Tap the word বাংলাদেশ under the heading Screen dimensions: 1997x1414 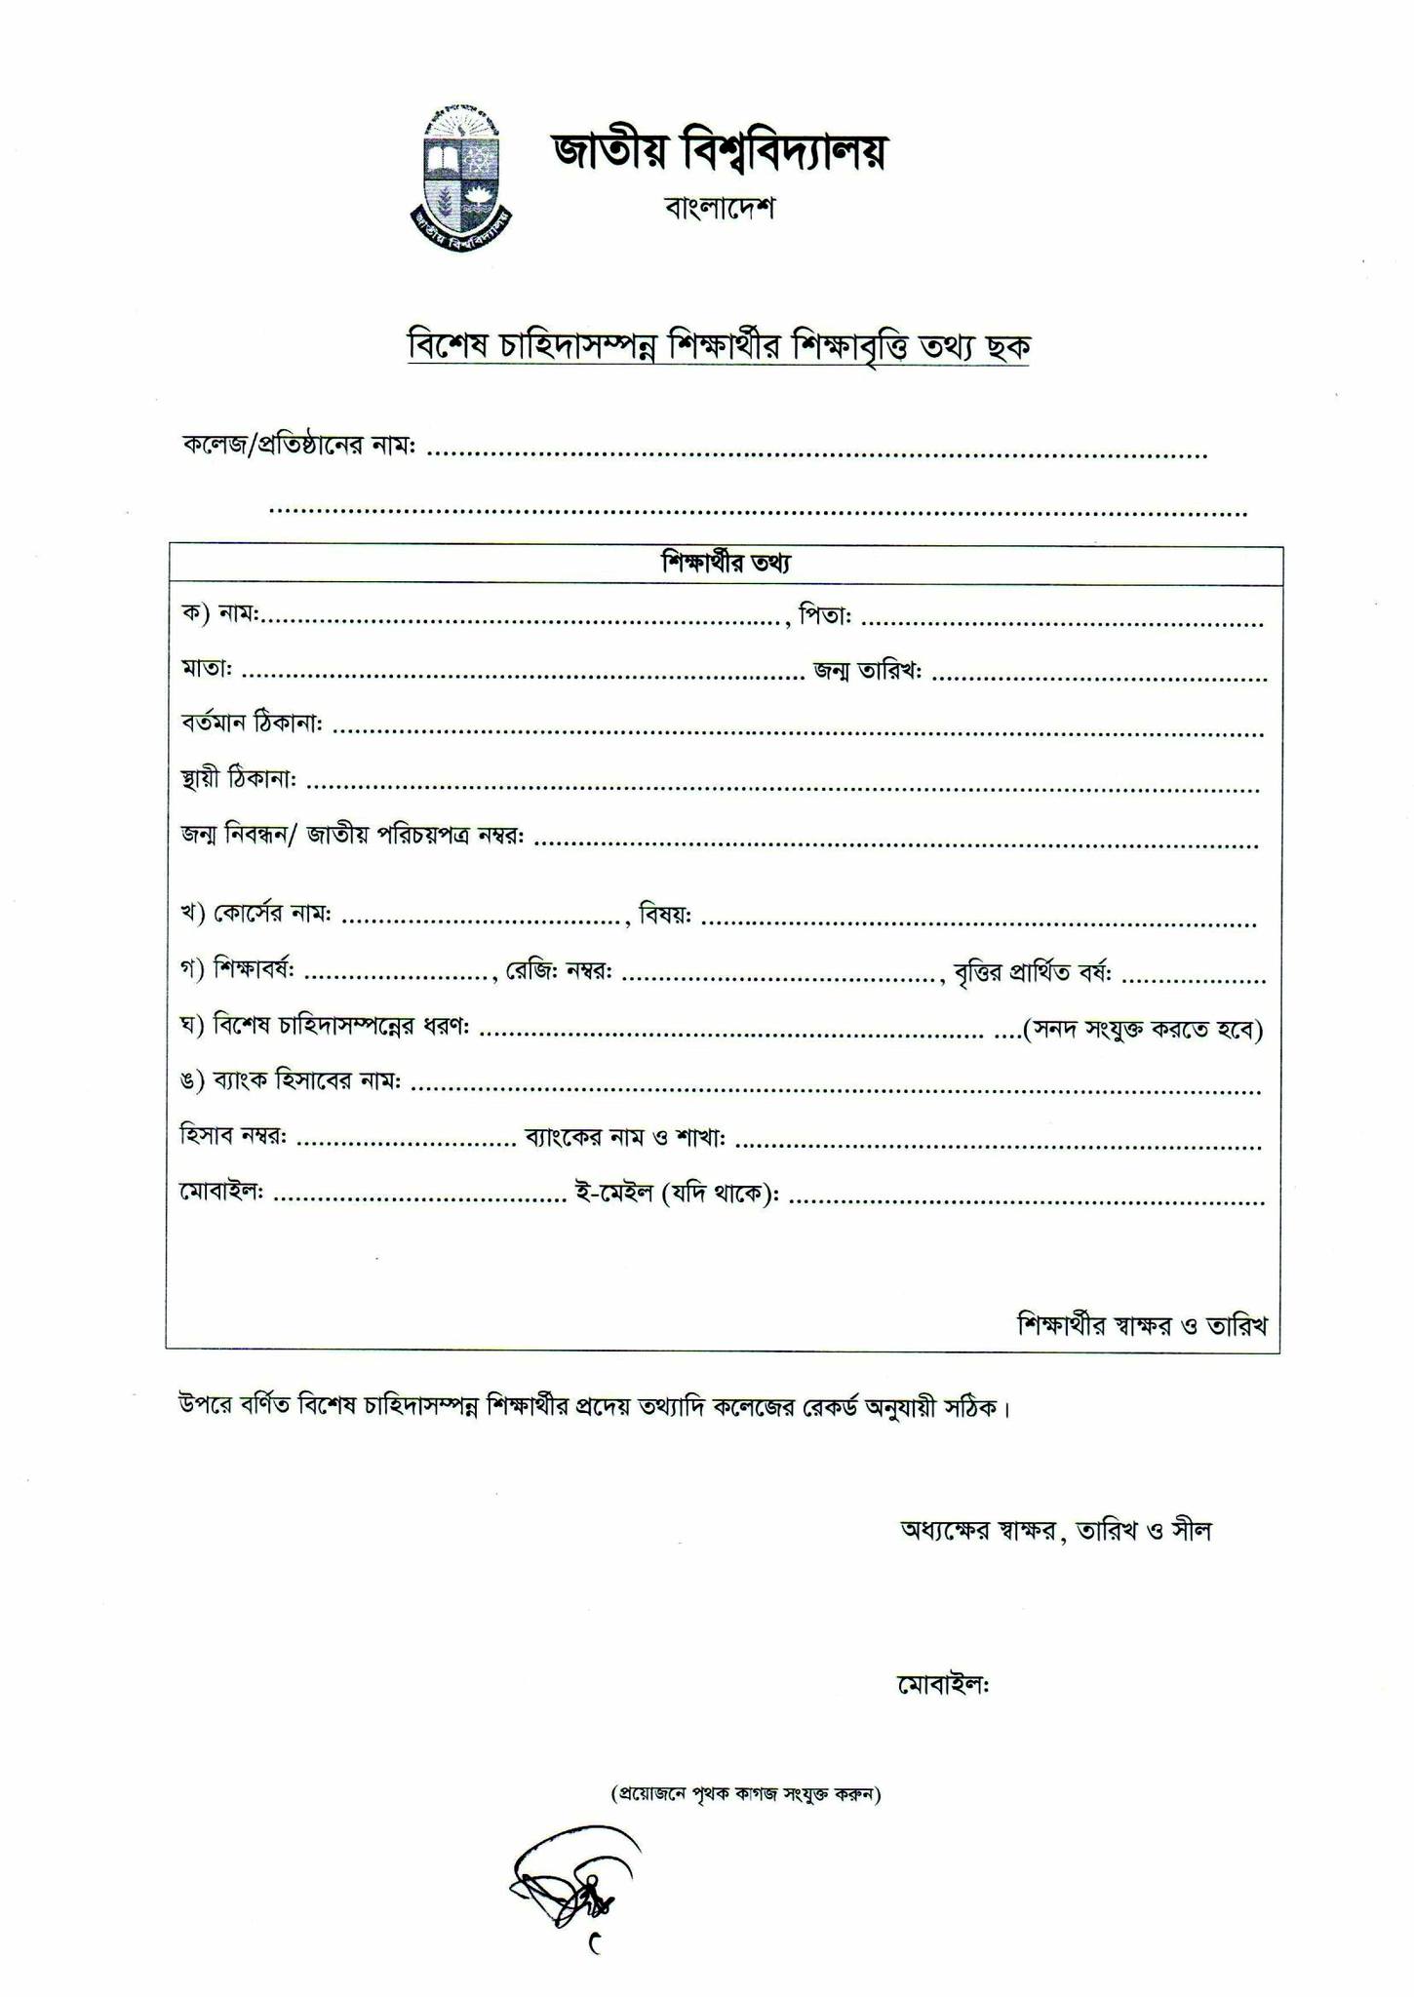(x=719, y=208)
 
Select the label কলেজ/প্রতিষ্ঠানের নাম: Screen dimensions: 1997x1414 (x=299, y=446)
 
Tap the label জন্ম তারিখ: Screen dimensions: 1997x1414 (x=868, y=672)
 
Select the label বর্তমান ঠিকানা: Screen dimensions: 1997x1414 (x=252, y=724)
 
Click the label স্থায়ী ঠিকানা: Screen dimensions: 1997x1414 (x=239, y=779)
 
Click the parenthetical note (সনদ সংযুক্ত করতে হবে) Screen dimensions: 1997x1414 (x=1142, y=1029)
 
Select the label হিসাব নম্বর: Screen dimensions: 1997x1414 (x=233, y=1137)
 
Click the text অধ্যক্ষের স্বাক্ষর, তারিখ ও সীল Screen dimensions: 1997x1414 (x=1055, y=1530)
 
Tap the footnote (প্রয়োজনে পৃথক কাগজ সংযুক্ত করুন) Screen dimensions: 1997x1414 (x=745, y=1793)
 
